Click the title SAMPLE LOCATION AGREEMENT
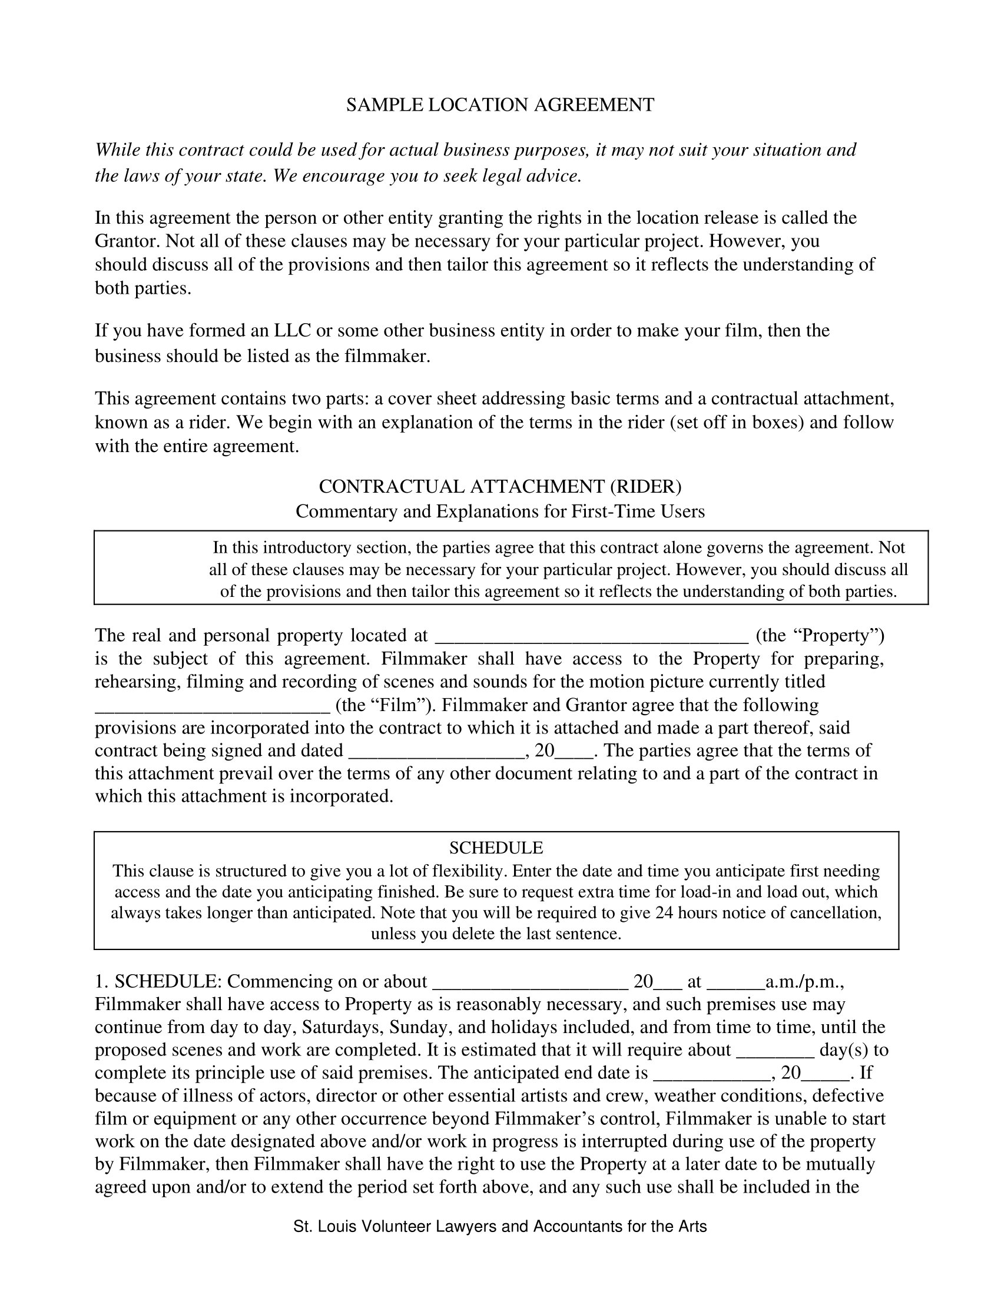(x=500, y=105)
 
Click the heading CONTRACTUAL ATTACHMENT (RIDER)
(x=500, y=486)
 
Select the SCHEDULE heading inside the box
(x=496, y=847)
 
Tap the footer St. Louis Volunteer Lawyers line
(x=500, y=1226)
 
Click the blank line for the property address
(x=591, y=637)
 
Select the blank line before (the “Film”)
(x=212, y=708)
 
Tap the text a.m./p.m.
(x=804, y=982)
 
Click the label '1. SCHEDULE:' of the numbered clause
(x=158, y=982)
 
